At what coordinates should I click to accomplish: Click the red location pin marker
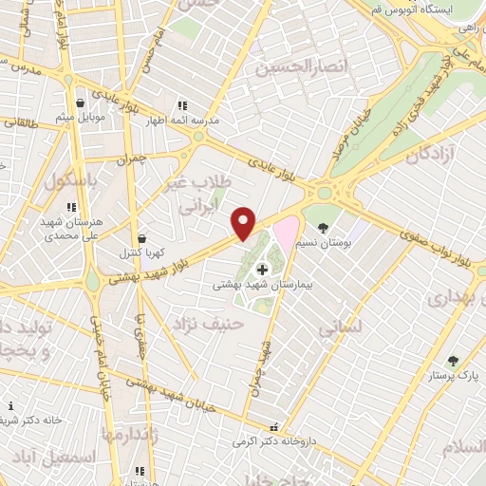244,222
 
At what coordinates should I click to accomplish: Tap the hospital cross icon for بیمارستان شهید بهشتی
262,270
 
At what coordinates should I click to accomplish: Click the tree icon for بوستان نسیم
325,227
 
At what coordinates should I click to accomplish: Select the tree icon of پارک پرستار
452,361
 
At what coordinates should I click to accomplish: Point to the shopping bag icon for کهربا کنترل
141,239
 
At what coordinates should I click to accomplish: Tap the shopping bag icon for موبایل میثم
83,102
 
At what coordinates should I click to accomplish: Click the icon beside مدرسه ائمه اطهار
181,105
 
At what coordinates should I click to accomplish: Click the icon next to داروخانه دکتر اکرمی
274,428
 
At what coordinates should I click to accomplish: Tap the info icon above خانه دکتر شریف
10,405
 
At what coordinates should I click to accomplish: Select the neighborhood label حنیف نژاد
207,326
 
